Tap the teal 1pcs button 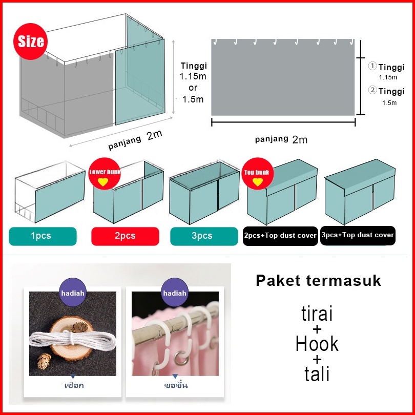[x=43, y=236]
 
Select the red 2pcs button [x=125, y=236]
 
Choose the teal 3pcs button [x=202, y=236]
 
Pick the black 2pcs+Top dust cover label [x=280, y=236]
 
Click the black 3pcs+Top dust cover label [x=358, y=235]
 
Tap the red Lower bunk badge [x=104, y=175]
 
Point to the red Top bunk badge [x=258, y=175]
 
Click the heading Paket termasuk [x=318, y=281]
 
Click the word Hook [x=317, y=344]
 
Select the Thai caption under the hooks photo [x=175, y=385]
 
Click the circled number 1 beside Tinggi [x=372, y=67]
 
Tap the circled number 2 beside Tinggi [x=372, y=91]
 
